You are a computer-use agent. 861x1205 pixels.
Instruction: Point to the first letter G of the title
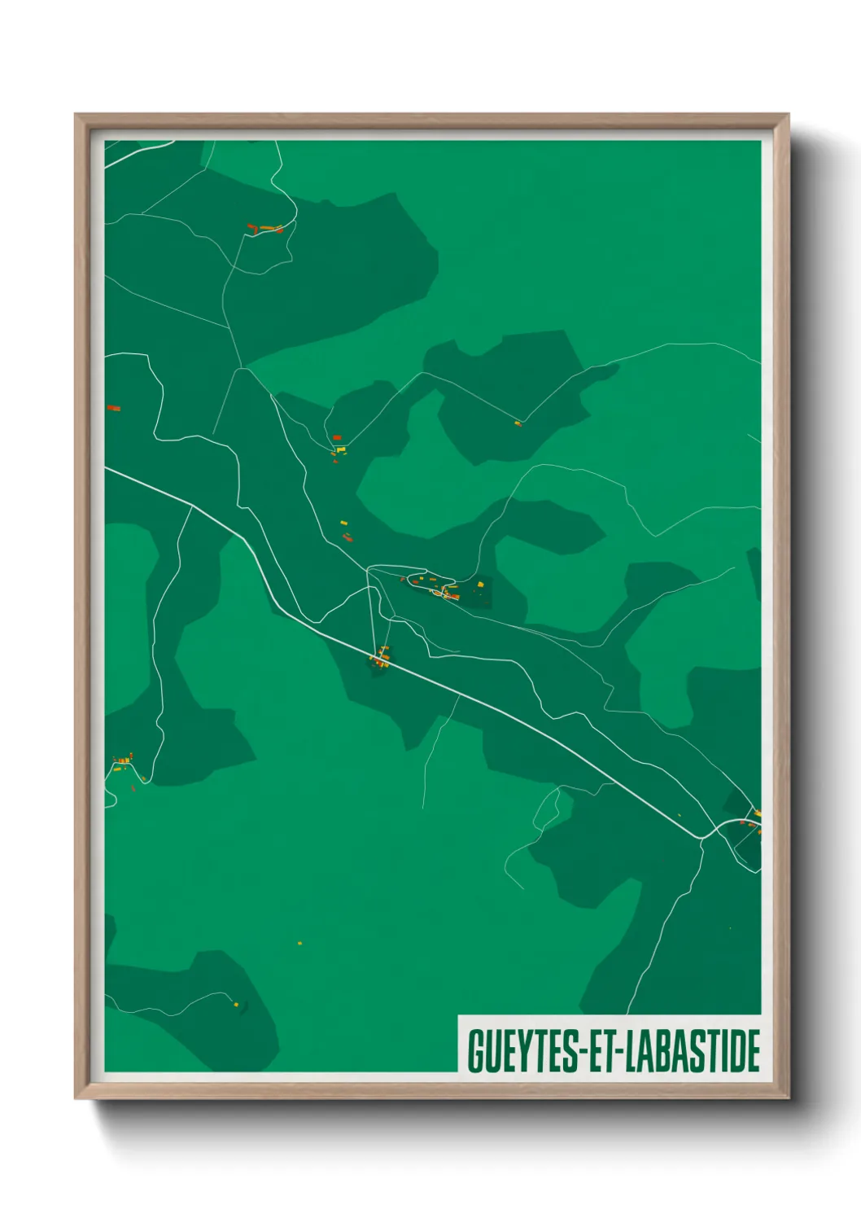(x=474, y=1050)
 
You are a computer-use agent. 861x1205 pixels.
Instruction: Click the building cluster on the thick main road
(x=380, y=657)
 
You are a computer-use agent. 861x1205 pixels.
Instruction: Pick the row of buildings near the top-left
(x=266, y=229)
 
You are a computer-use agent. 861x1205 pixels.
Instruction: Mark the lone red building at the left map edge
(x=113, y=407)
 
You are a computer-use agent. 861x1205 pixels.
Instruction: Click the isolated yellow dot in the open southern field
(x=299, y=943)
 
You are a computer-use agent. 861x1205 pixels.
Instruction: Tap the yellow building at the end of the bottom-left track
(x=237, y=1005)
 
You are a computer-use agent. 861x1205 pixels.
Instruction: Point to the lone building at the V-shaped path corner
(x=518, y=423)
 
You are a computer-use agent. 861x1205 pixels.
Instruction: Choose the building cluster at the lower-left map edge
(x=124, y=764)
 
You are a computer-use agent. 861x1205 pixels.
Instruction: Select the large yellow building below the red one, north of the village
(x=341, y=449)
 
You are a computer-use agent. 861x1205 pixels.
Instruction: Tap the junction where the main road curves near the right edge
(x=705, y=835)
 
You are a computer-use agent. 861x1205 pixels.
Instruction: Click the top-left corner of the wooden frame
(x=76, y=116)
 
